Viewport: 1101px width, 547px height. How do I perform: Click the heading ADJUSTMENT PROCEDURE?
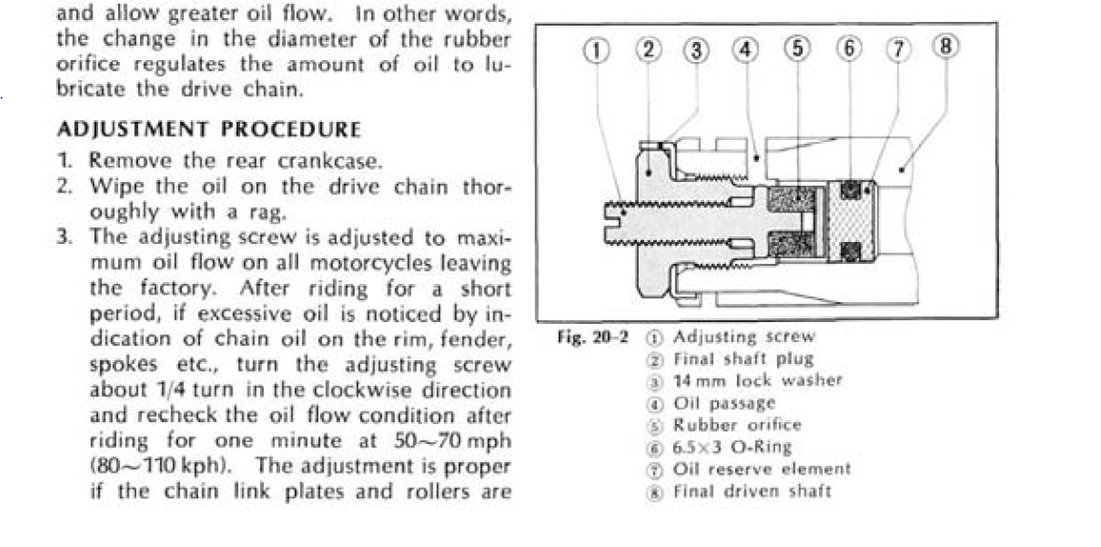tap(209, 129)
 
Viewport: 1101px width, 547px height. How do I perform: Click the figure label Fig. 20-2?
tap(593, 337)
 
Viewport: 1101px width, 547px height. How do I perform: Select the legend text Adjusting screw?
tap(744, 336)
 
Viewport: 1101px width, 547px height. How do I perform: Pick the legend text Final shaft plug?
tap(744, 359)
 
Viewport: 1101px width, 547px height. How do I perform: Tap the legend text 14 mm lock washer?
tap(758, 380)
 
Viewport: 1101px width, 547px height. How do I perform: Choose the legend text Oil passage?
tap(724, 402)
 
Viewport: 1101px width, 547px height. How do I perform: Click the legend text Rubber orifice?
tap(737, 425)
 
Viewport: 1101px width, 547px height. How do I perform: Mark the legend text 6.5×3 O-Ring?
tap(732, 447)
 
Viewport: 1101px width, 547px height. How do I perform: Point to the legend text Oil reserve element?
tap(762, 469)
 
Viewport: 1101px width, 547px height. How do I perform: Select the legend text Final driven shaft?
tap(752, 492)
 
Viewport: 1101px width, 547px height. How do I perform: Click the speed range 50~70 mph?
tap(452, 441)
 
